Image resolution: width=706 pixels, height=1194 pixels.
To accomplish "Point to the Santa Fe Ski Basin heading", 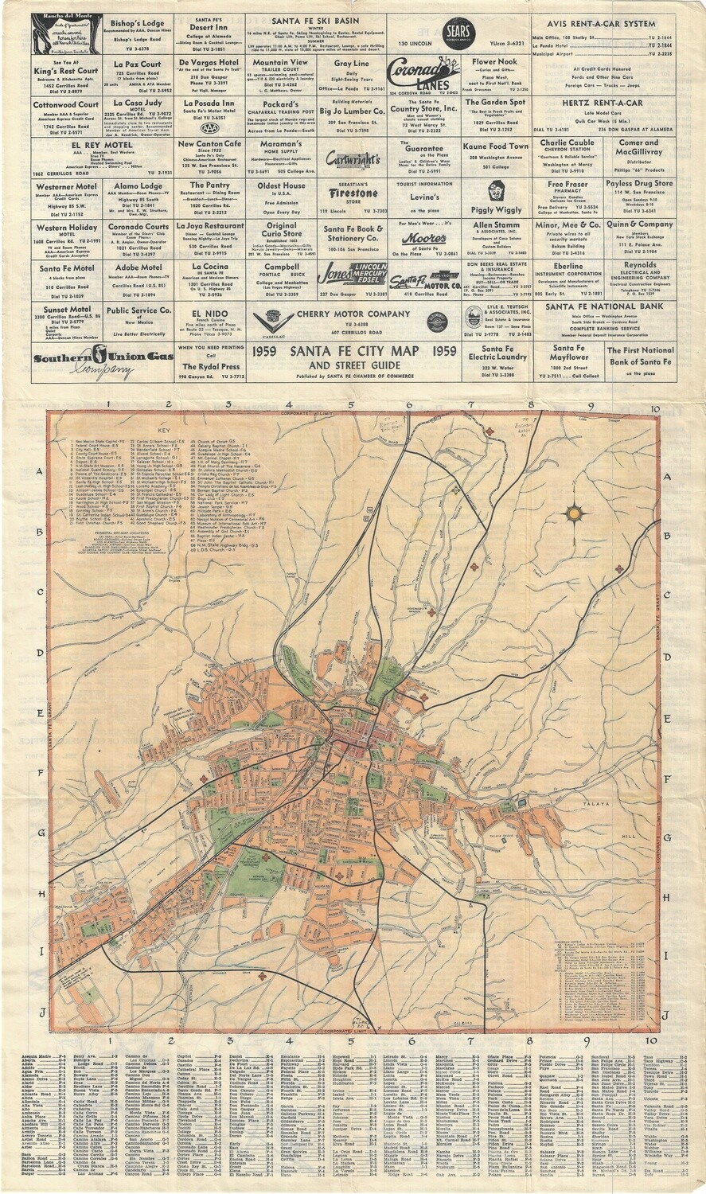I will click(315, 21).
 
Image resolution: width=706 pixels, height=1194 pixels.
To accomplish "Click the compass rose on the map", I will click(573, 513).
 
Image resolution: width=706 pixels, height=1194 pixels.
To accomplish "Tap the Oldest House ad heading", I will click(280, 185).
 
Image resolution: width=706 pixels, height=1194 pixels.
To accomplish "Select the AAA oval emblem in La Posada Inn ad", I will click(210, 127).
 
